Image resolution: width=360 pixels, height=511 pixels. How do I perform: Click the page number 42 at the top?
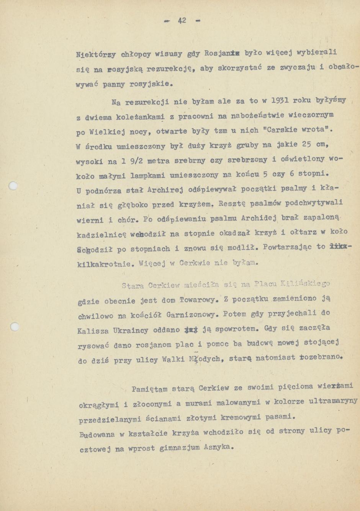coord(182,21)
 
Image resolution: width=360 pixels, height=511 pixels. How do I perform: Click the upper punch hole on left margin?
coord(13,186)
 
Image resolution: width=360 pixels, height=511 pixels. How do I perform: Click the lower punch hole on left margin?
coord(14,327)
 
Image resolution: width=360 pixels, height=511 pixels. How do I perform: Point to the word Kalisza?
coord(92,331)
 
